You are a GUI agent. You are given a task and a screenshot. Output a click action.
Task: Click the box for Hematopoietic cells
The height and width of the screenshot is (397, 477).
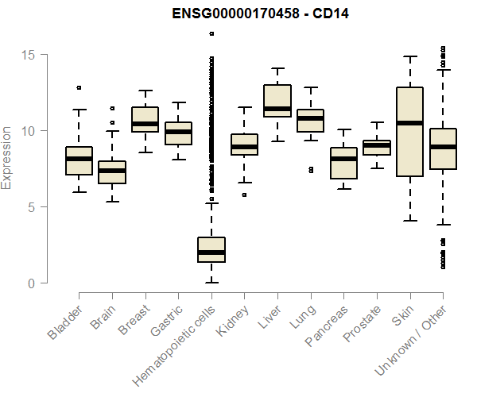(211, 249)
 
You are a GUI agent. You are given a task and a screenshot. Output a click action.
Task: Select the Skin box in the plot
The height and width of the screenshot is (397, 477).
(410, 132)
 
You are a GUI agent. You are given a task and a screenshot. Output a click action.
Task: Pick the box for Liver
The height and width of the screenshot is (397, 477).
(277, 100)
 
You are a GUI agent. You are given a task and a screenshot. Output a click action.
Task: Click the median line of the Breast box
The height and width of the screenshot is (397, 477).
(145, 124)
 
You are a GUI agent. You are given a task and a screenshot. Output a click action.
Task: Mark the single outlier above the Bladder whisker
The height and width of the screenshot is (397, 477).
(79, 87)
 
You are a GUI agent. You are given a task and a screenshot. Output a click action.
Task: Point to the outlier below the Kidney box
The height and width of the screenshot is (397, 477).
(244, 195)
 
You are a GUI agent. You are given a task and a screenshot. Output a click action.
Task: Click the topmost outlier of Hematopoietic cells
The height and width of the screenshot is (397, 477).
(211, 33)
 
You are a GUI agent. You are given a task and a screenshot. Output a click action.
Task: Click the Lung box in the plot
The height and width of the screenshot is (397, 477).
(311, 121)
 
